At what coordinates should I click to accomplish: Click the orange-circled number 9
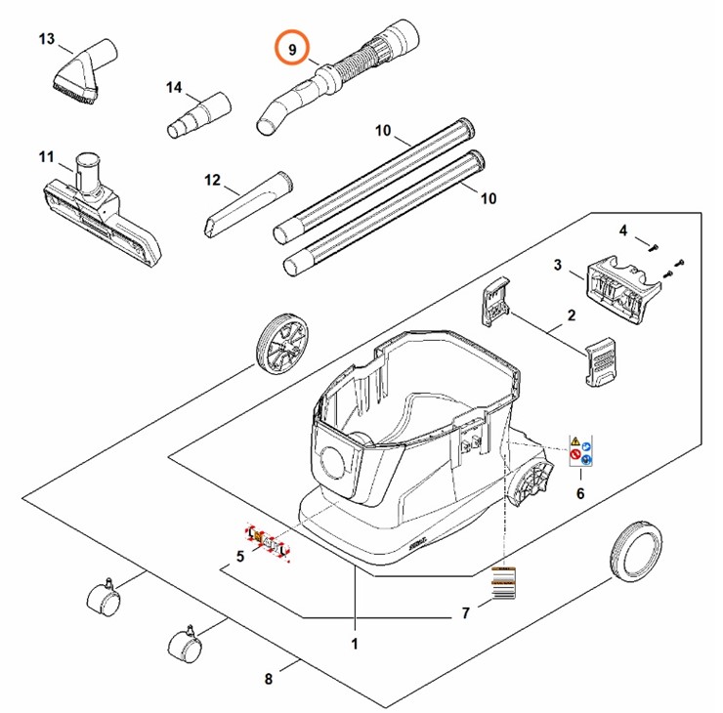point(291,47)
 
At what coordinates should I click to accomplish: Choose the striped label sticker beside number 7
point(501,583)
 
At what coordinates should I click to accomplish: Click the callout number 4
point(621,230)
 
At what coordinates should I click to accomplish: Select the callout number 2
point(572,315)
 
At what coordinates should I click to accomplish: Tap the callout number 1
point(355,645)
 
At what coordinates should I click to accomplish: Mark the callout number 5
point(237,558)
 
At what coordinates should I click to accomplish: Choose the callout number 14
point(174,88)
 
